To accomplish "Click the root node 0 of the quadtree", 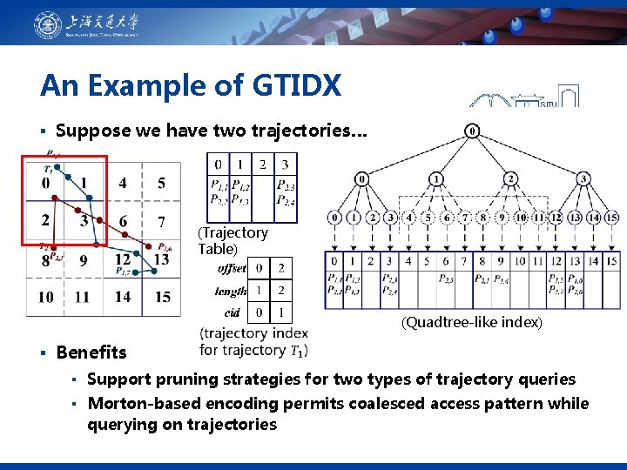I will tap(471, 131).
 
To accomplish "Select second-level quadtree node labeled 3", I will tap(584, 179).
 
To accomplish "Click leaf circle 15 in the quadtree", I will tap(611, 218).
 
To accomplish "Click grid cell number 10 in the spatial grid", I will tap(45, 297).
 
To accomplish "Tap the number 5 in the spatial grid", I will tap(160, 183).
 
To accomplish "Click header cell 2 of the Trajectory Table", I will tap(263, 164).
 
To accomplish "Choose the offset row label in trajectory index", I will tap(232, 268).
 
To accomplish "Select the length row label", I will tap(232, 291).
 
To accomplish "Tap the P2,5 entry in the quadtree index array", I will tap(446, 279).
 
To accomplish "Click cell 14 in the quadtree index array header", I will tap(593, 260).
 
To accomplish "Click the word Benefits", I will tap(91, 352).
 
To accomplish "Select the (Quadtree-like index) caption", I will tap(471, 322).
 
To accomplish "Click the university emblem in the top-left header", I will tap(48, 25).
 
